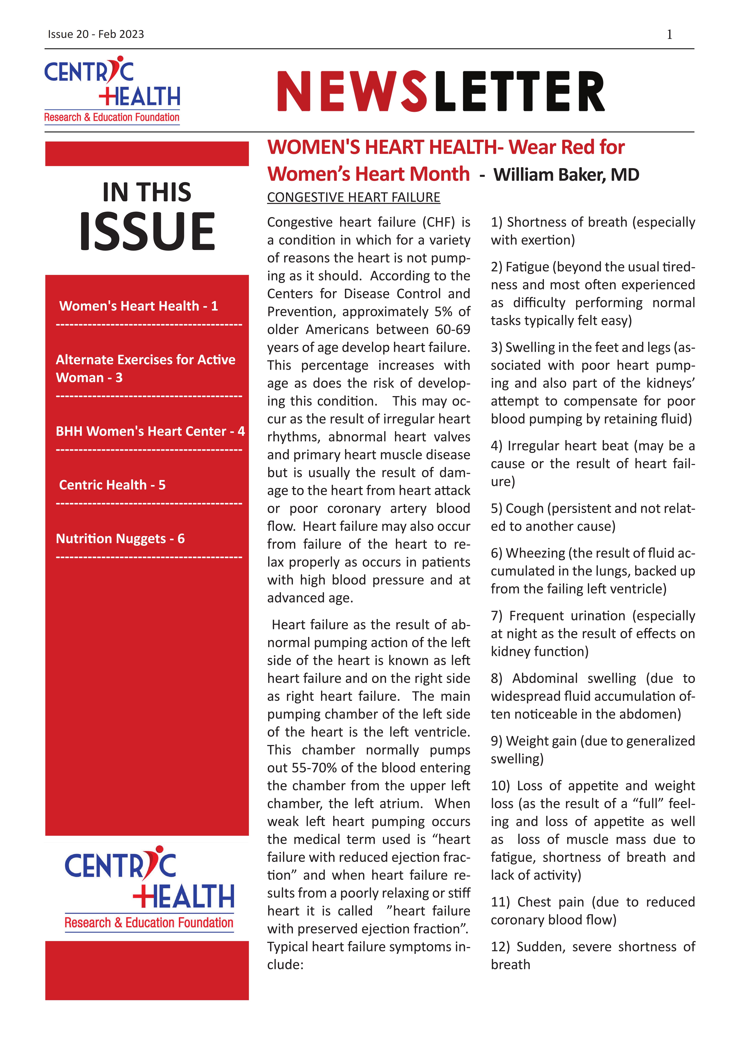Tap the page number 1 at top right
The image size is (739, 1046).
pyautogui.click(x=669, y=35)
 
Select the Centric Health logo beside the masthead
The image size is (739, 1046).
pyautogui.click(x=112, y=90)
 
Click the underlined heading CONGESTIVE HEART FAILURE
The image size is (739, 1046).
pyautogui.click(x=353, y=197)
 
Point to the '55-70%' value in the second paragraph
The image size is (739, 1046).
pyautogui.click(x=314, y=768)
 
